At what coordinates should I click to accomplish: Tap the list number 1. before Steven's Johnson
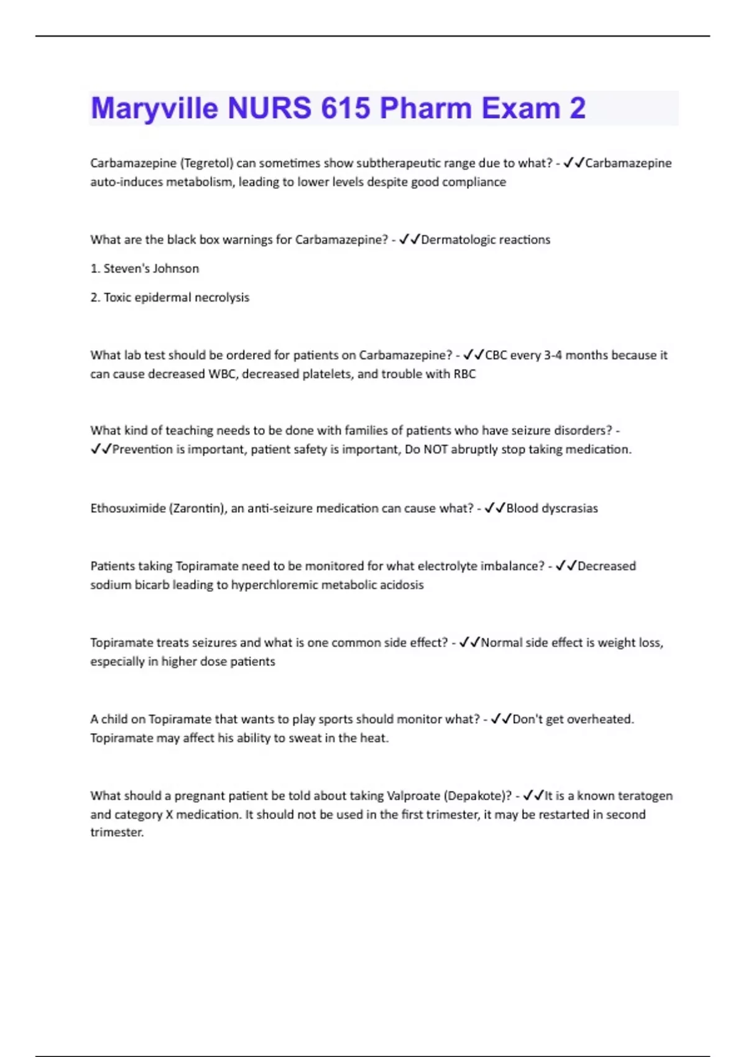95,269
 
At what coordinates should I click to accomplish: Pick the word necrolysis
222,298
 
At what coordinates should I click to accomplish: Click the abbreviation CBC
496,355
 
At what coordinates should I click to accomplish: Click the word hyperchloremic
272,585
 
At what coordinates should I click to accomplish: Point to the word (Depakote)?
479,796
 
